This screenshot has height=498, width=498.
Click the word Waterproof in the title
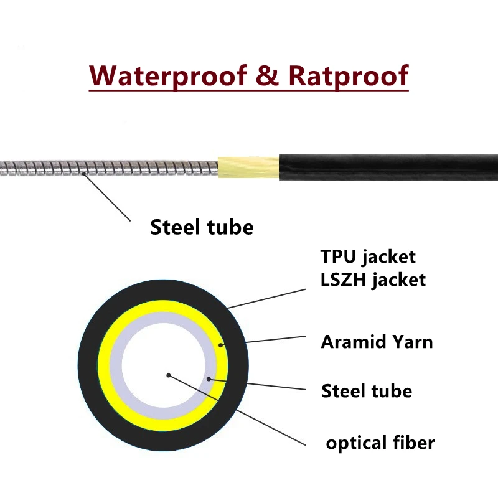tap(168, 75)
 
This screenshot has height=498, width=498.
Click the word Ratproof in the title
tap(349, 75)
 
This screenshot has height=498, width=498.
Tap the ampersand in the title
tap(268, 75)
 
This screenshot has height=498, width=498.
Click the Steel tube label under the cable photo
tap(202, 227)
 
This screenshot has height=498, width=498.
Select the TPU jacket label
tap(368, 256)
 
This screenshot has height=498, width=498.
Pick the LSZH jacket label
tap(373, 280)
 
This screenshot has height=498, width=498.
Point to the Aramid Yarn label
tap(377, 342)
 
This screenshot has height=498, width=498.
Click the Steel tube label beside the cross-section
tap(367, 390)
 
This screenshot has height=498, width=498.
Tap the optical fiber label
tap(380, 443)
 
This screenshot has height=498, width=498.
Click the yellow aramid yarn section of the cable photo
tap(248, 167)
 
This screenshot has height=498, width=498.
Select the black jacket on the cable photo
tap(388, 167)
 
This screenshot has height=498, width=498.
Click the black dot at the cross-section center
tap(169, 375)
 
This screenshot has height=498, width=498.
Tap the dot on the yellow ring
tap(221, 345)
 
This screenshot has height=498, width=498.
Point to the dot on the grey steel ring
tap(209, 379)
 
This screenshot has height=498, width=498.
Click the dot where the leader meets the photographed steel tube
tap(84, 174)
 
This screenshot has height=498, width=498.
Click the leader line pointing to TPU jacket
tap(267, 299)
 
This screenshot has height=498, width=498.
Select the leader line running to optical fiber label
tap(237, 410)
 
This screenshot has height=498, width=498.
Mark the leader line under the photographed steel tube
tap(107, 197)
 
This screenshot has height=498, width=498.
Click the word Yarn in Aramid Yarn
tap(413, 342)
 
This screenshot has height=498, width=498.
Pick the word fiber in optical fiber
tap(413, 442)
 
